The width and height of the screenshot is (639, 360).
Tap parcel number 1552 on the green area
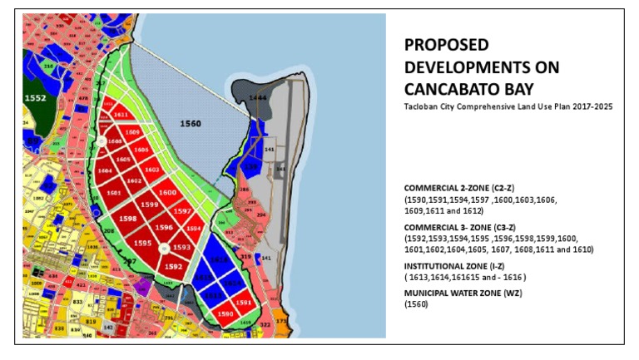pos(36,97)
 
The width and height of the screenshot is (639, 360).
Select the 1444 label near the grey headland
pos(259,98)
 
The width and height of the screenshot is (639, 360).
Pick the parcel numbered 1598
pos(128,219)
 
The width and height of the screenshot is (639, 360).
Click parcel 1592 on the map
pos(173,266)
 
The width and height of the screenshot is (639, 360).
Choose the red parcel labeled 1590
pos(225,314)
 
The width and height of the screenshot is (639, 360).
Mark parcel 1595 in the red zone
pos(142,243)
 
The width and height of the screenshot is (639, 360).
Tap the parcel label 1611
pos(121,115)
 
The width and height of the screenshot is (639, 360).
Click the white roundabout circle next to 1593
pos(164,248)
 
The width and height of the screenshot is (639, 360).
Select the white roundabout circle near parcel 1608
pos(102,142)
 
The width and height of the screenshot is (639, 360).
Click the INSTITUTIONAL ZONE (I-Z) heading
pos(457,266)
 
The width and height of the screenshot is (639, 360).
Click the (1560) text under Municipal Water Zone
pos(416,305)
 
